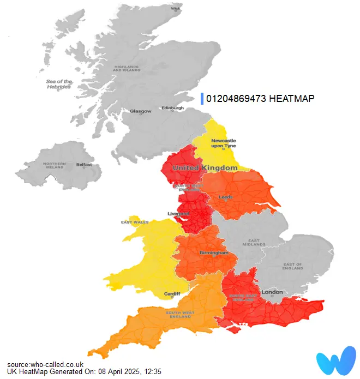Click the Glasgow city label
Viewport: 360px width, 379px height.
[x=140, y=111]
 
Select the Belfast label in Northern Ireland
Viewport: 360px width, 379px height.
[x=84, y=164]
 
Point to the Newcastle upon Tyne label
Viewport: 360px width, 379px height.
[x=224, y=144]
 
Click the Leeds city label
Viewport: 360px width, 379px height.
[x=225, y=197]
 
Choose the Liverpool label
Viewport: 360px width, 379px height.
[x=178, y=213]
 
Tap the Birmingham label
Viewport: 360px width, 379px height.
[x=213, y=253]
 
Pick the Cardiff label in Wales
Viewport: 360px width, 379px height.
[x=172, y=294]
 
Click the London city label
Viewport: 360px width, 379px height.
[x=272, y=292]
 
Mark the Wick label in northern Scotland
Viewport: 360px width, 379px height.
[x=176, y=9]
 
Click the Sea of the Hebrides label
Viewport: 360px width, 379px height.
[x=58, y=84]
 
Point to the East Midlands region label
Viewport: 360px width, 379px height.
[x=254, y=243]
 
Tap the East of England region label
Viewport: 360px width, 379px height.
[x=292, y=267]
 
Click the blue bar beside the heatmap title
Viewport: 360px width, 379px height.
[x=202, y=98]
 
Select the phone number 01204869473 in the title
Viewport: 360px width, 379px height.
[x=236, y=98]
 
